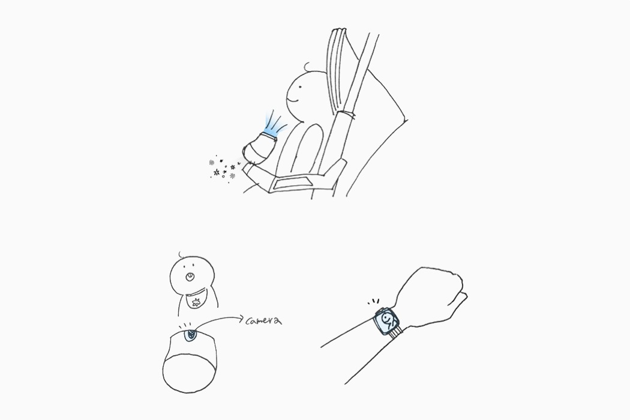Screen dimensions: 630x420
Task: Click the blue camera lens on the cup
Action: [x=190, y=335]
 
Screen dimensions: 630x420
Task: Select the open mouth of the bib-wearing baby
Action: [x=188, y=277]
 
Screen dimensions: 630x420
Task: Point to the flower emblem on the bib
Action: [x=196, y=302]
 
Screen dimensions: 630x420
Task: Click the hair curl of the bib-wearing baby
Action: [x=182, y=254]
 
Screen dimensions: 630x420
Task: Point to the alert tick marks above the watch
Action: [x=373, y=301]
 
